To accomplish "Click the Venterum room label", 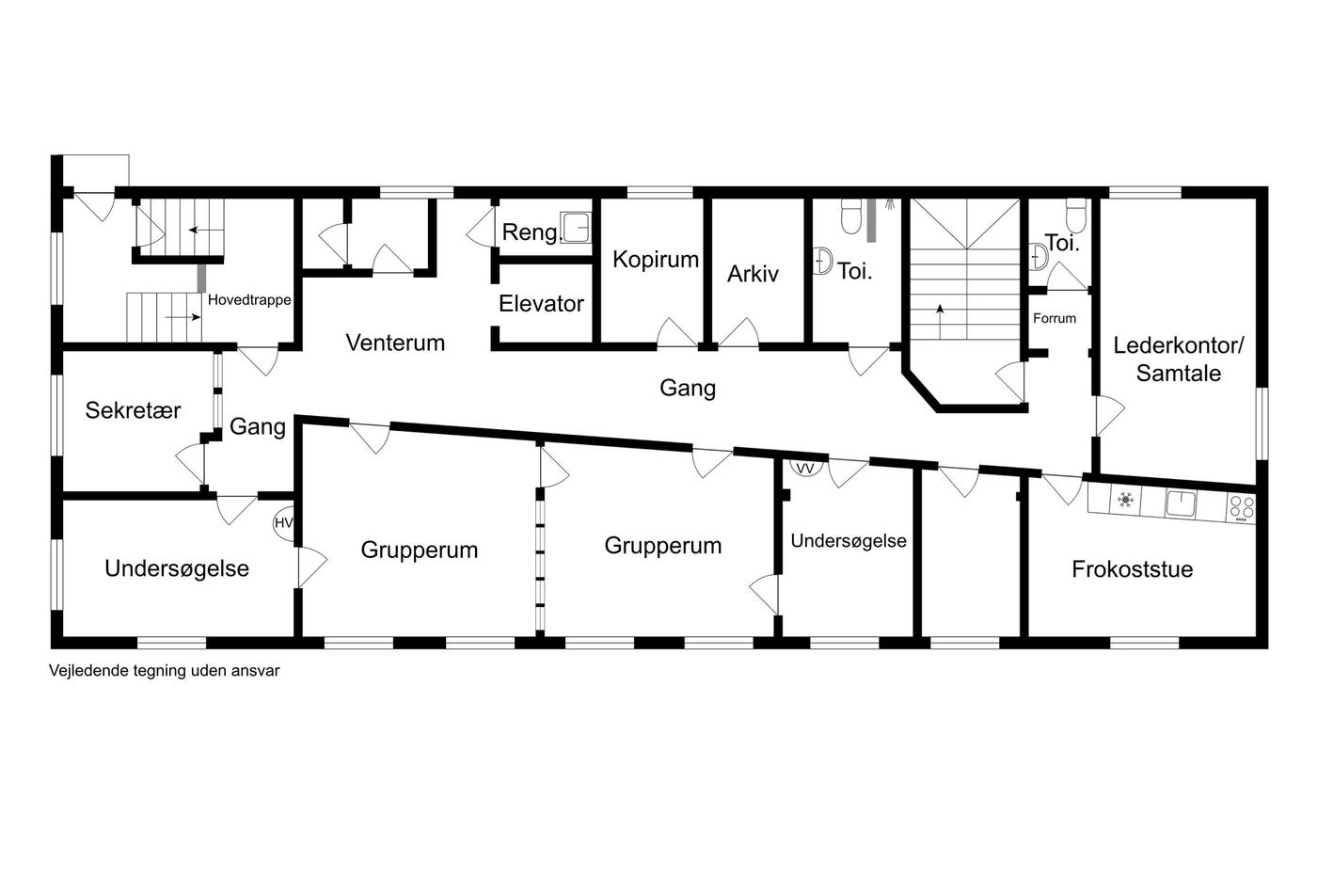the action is point(395,343).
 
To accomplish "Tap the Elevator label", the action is point(541,303).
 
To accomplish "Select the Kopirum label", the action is point(656,260).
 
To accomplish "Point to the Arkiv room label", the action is point(753,274).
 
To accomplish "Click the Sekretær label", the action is point(133,410).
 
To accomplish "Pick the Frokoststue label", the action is point(1133,569).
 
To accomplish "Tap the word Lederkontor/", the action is point(1178,345).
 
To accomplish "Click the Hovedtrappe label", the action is point(249,300).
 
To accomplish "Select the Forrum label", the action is point(1055,318).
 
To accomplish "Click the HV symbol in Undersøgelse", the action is point(284,523).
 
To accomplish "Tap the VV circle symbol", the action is point(805,468).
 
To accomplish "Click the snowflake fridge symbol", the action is point(1125,500).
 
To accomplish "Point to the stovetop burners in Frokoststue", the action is point(1242,509).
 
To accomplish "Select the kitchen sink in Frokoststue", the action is point(1181,504).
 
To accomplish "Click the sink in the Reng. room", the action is point(576,227).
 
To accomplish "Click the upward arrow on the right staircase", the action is point(940,321).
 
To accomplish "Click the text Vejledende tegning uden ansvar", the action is point(165,671).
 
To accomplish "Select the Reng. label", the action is point(532,232).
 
